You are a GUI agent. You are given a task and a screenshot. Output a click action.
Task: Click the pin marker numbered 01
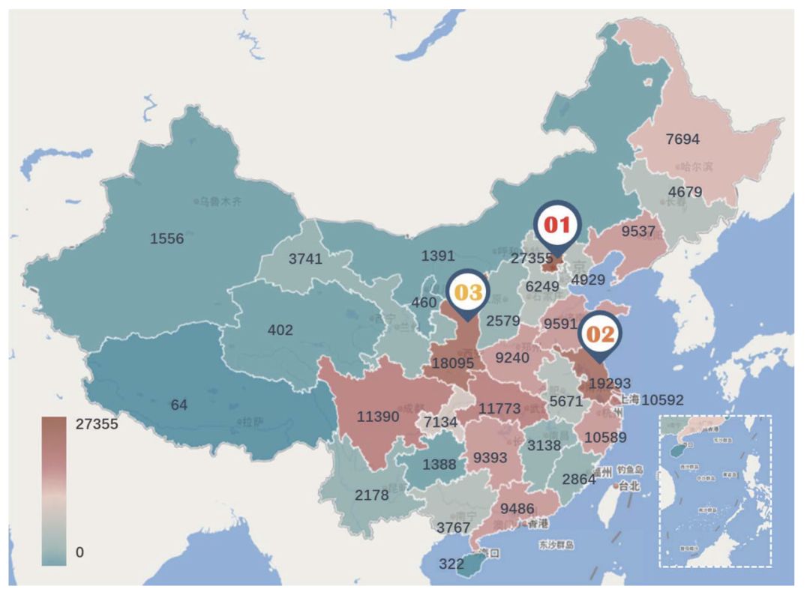tap(557, 224)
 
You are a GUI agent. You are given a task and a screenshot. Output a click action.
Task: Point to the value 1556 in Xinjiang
tap(166, 238)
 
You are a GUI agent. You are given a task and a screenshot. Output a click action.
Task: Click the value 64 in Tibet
tap(178, 405)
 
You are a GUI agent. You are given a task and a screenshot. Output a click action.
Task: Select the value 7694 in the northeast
tap(682, 139)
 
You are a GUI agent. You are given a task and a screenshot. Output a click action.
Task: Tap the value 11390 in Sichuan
tap(377, 417)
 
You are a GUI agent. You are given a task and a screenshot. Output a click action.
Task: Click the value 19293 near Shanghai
tap(609, 382)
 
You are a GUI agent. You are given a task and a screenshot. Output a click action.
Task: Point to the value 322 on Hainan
tap(451, 564)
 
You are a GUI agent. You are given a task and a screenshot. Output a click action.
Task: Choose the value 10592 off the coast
tap(663, 399)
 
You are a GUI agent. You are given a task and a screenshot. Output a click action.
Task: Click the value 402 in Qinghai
tap(280, 330)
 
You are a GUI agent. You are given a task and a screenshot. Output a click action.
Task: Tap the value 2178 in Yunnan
tap(372, 495)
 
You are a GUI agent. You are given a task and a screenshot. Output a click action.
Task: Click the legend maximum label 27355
tap(97, 423)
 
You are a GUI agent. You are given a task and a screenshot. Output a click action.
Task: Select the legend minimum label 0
tap(79, 552)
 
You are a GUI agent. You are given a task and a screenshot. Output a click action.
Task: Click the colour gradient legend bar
tap(54, 489)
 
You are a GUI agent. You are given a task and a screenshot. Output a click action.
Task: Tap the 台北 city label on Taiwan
tap(628, 486)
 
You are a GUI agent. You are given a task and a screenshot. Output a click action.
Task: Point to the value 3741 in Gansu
tap(305, 259)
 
